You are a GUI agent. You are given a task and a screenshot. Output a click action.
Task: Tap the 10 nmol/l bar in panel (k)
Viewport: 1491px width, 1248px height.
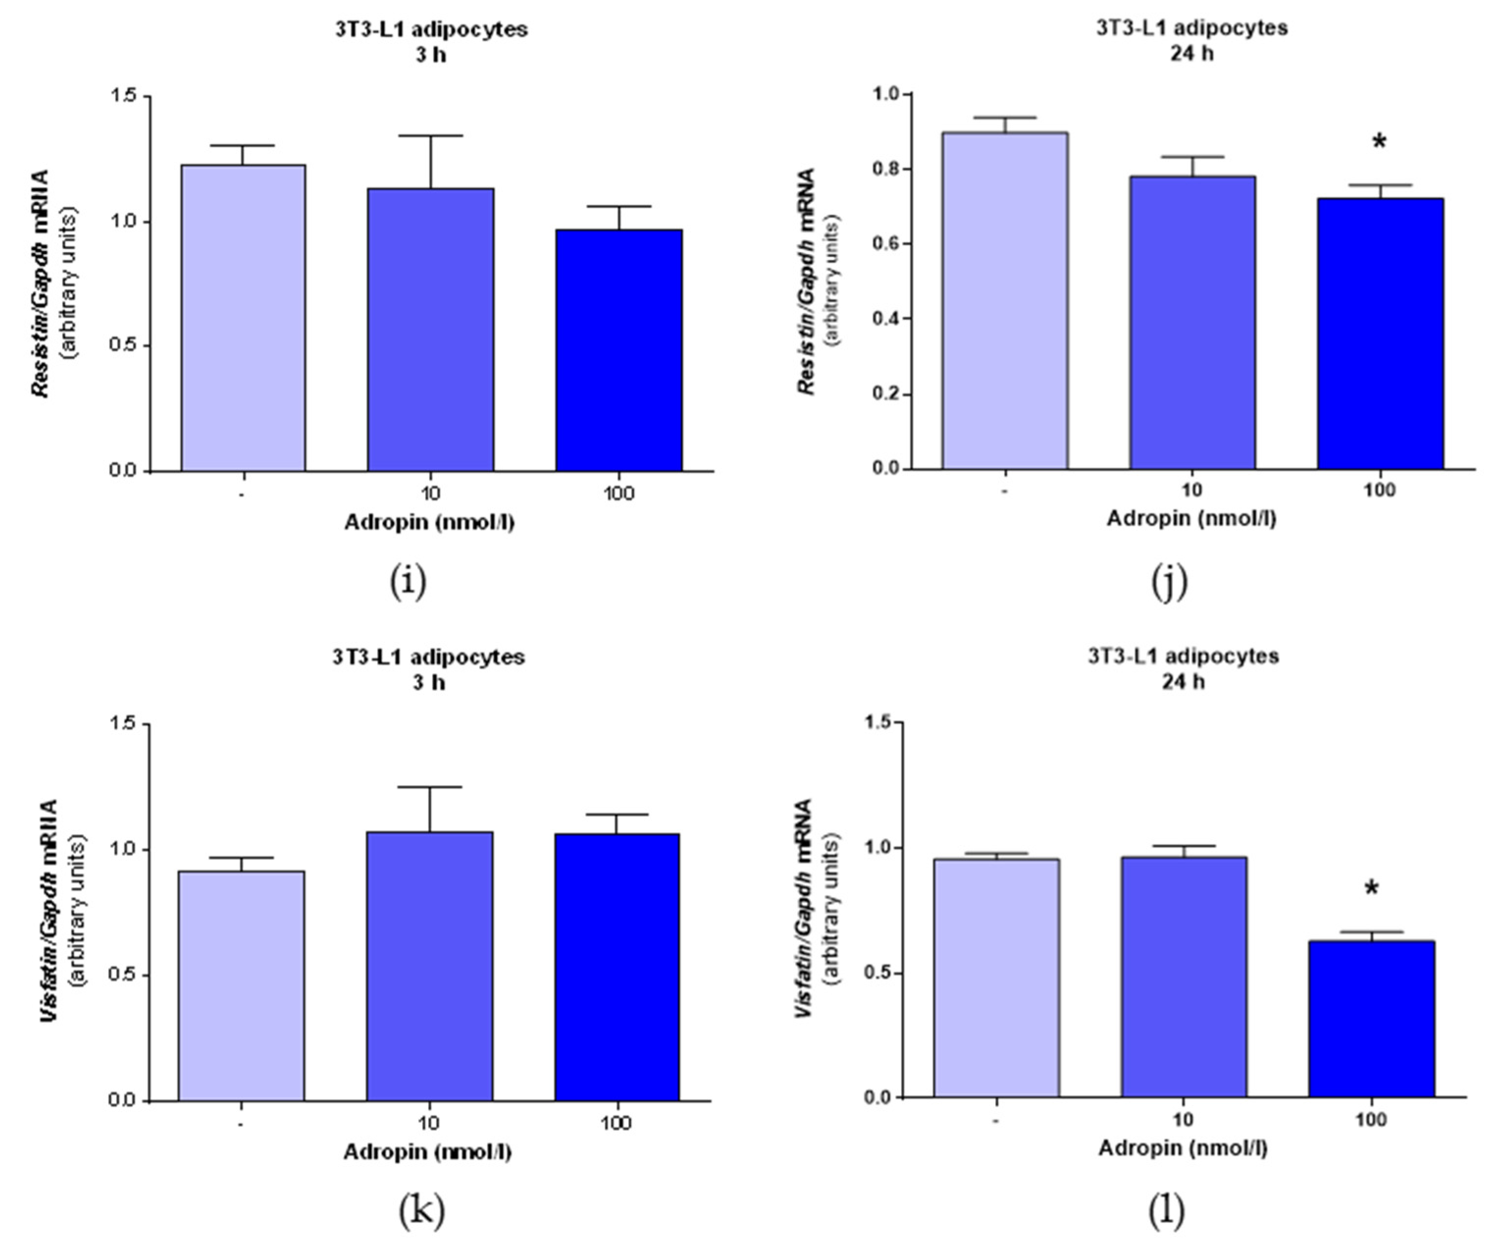[430, 966]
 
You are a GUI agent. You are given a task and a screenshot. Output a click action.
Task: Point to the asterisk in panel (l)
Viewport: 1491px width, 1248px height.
[1372, 889]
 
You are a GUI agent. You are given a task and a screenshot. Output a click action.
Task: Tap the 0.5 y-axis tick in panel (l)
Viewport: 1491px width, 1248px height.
[878, 972]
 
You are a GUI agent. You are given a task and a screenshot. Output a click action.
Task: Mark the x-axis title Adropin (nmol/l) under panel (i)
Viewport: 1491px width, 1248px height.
[430, 522]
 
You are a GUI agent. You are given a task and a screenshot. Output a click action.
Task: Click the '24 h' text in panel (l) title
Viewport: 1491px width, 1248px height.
[1183, 682]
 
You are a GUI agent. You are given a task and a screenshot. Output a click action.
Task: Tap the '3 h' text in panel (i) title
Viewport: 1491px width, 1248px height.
[430, 54]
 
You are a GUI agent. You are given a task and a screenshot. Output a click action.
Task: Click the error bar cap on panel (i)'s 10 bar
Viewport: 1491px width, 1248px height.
[430, 135]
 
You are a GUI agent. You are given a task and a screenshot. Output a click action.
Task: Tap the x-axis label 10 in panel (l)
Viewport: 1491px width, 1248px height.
[1183, 1120]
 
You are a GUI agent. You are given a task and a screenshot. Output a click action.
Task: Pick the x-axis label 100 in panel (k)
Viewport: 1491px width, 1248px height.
[616, 1123]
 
